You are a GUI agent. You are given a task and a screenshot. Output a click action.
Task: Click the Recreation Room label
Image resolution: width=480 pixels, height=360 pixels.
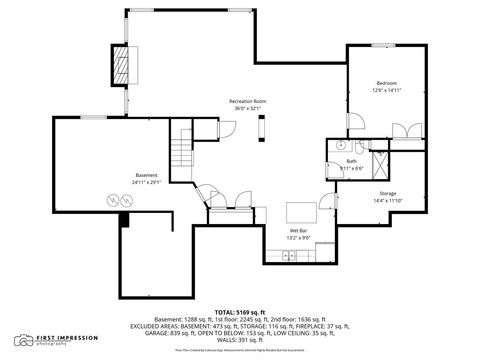(247, 102)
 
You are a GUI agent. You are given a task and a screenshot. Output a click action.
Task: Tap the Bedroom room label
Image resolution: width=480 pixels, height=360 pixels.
(386, 82)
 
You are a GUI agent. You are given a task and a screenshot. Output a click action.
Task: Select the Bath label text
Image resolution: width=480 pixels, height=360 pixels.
(351, 160)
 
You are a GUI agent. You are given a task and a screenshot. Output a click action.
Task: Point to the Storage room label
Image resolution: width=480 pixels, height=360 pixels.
(387, 192)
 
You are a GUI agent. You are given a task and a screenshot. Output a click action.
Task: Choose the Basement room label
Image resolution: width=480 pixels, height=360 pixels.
(146, 176)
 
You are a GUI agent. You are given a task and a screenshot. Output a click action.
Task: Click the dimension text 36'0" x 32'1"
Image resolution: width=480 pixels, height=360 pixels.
(247, 109)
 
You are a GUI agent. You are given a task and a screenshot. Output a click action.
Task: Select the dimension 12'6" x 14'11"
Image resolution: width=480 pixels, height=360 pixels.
(386, 89)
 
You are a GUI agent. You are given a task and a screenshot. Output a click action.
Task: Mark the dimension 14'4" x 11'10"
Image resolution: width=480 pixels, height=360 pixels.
(387, 199)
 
